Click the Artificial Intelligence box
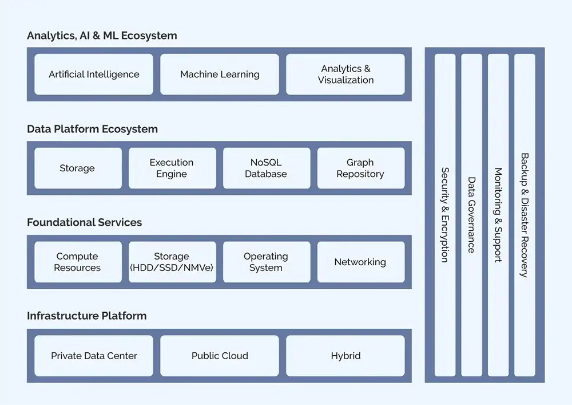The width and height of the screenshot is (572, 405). point(94,74)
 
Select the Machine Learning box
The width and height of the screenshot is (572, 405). point(220,74)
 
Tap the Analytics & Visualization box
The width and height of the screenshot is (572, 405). point(345,74)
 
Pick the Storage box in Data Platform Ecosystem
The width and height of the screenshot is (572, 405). point(78,168)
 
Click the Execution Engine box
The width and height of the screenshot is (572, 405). point(172,168)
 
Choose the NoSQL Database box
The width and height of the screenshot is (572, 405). point(266,168)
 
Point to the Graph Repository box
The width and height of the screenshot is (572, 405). point(360,168)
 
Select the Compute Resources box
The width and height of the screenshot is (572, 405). point(78,262)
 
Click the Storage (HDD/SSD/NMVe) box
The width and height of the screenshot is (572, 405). point(172,262)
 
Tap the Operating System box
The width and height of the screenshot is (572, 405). point(266,262)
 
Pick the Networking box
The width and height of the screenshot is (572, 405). point(360,262)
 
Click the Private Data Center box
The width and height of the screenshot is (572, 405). point(94,356)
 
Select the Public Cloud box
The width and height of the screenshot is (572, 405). point(220,356)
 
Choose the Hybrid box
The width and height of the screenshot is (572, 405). point(345,356)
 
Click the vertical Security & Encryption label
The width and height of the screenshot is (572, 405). point(445,215)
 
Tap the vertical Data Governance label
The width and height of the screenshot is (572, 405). point(471,215)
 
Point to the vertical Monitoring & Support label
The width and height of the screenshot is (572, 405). point(498,215)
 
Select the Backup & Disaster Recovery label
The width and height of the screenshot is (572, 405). point(525,215)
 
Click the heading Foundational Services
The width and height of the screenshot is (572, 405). point(84,222)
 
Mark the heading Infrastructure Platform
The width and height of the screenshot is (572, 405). point(86,316)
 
